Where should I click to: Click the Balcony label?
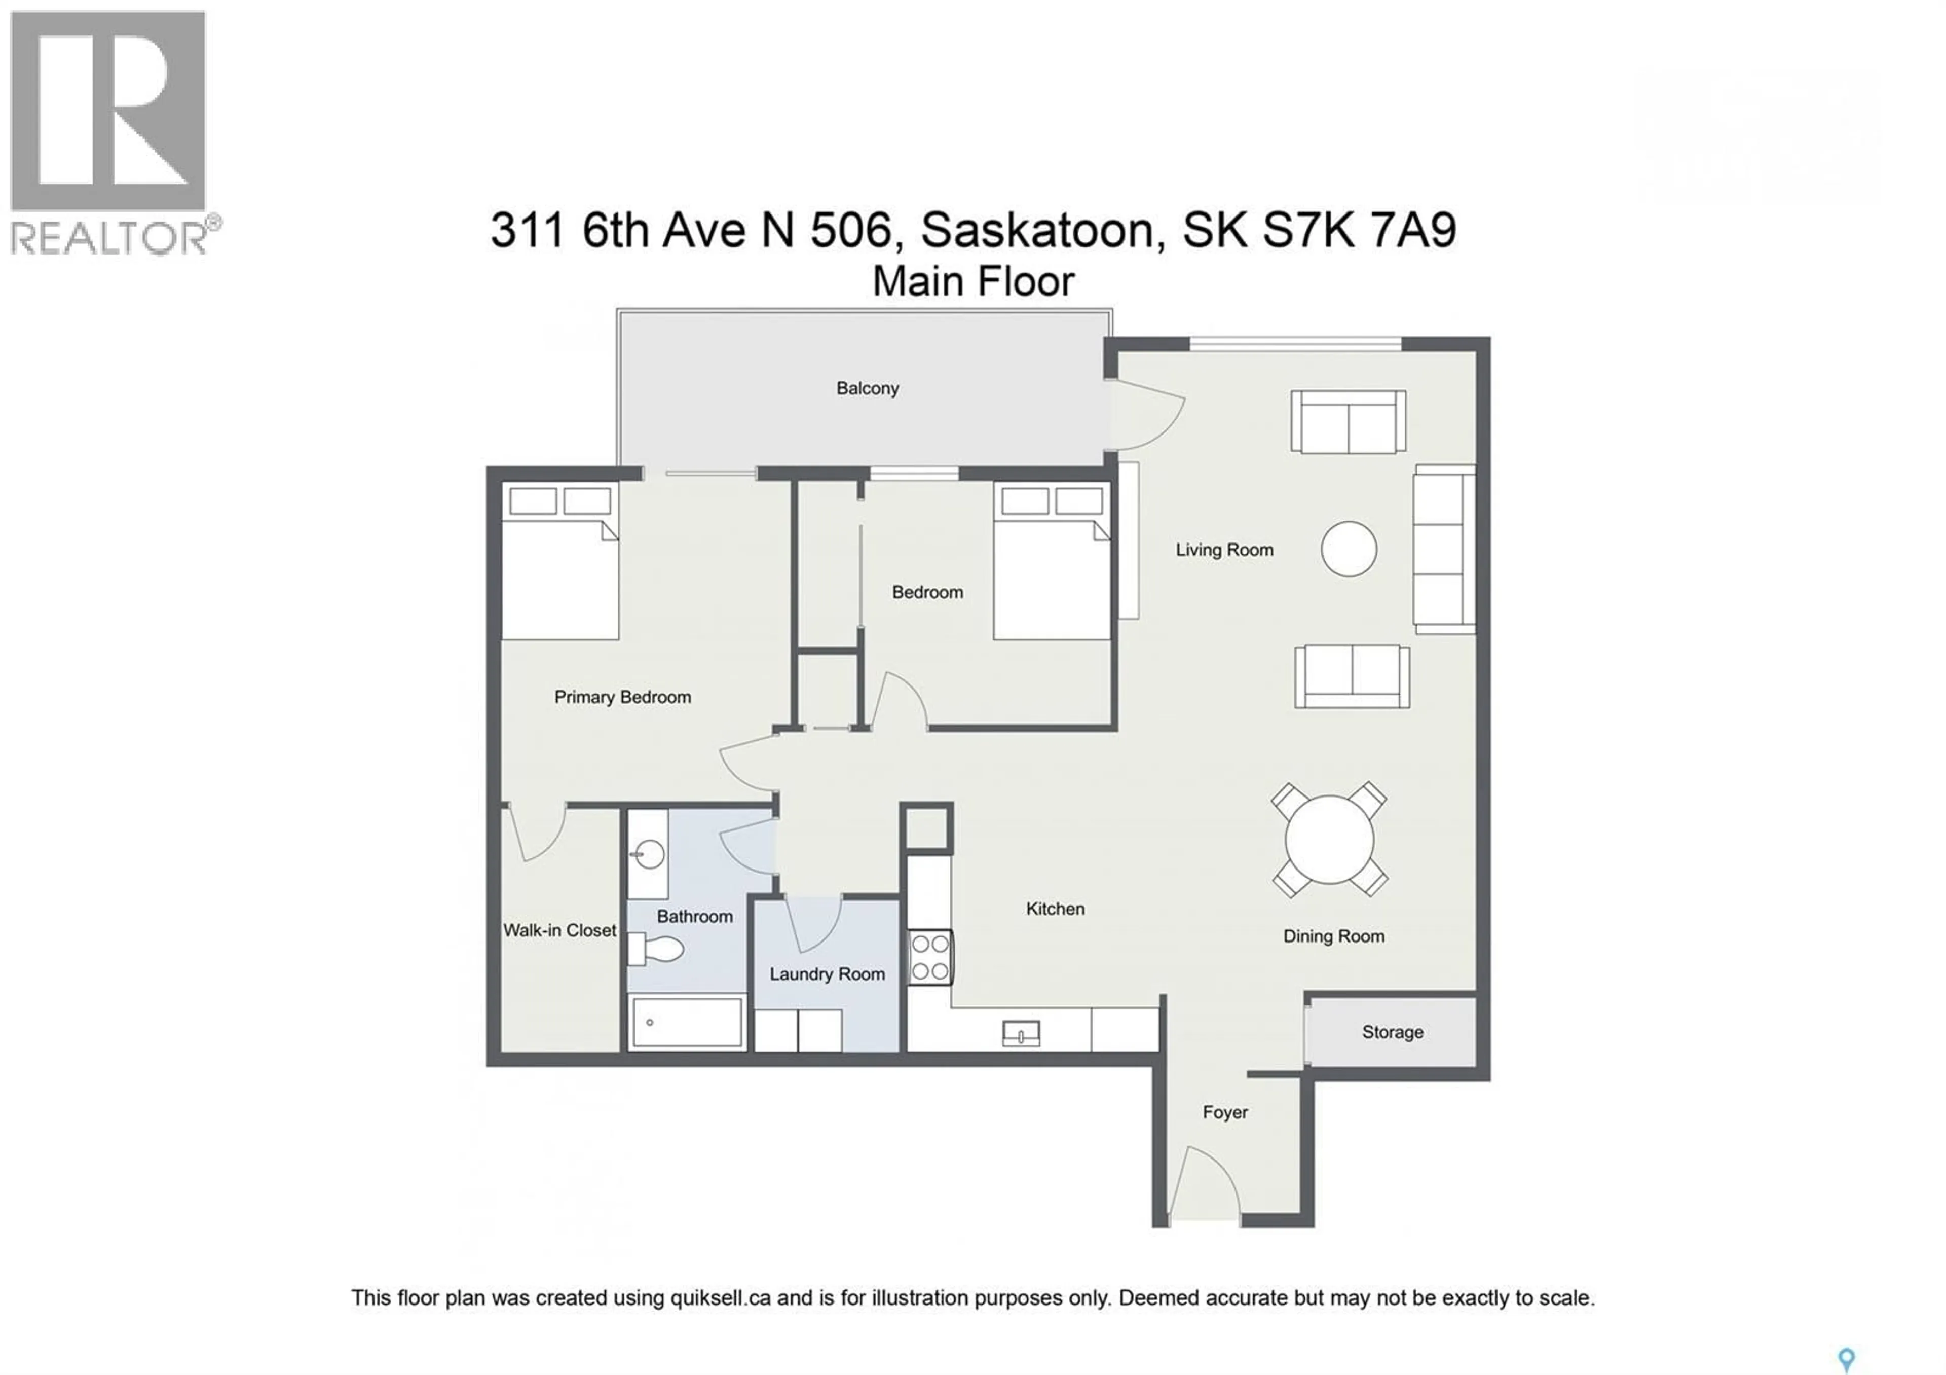pos(867,388)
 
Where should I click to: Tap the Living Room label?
pos(1224,549)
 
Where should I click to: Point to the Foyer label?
pos(1225,1111)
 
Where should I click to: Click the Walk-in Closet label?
pos(559,930)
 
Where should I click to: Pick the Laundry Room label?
pos(827,974)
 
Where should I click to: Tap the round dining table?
pos(1329,839)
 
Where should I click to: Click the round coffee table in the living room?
pos(1349,549)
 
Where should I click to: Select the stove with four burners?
pos(930,957)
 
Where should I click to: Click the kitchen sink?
pos(1021,1033)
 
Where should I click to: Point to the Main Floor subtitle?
pos(973,281)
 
